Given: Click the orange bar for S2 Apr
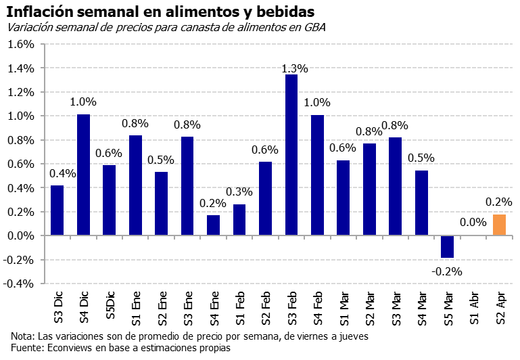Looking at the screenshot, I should [x=499, y=225].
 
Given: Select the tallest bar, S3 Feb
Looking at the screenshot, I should [x=291, y=155].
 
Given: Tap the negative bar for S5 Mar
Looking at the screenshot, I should [x=446, y=246].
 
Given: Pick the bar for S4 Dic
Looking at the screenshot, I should [x=83, y=175].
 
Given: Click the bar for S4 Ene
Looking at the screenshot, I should [x=213, y=225].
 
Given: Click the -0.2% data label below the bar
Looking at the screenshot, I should [x=447, y=271].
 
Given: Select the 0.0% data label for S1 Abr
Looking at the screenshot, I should [x=473, y=222].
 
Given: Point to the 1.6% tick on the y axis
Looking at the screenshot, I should [x=20, y=45].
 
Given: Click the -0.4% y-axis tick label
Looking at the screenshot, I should [x=18, y=284].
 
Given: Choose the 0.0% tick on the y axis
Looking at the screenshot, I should [x=20, y=235].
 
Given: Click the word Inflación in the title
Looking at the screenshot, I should [x=41, y=11].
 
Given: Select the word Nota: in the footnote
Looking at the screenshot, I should [x=23, y=336].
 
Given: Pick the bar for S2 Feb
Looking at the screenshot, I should [x=265, y=198].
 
